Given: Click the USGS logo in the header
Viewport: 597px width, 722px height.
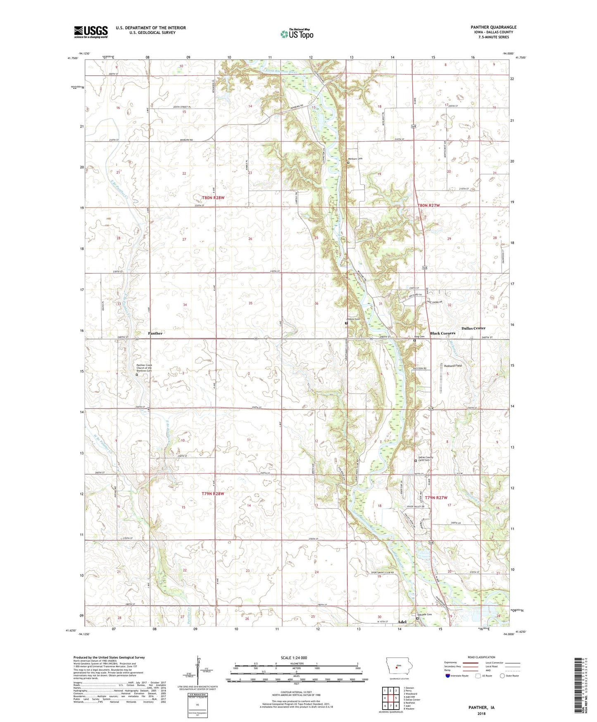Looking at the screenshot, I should [x=91, y=32].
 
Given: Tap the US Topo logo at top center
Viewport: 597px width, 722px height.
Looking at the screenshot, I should [x=297, y=34].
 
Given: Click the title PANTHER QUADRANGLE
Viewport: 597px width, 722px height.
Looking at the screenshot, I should [x=493, y=27].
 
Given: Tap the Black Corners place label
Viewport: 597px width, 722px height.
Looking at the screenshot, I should [x=442, y=333].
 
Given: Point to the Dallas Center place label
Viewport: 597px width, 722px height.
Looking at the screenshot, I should [x=473, y=328].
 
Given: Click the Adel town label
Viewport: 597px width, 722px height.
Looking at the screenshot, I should [x=401, y=622].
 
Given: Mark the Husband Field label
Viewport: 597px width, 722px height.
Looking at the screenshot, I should [x=452, y=366].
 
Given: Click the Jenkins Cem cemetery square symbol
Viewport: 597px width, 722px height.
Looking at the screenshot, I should [x=346, y=323].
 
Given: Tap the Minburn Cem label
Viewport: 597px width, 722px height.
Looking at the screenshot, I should [x=354, y=159].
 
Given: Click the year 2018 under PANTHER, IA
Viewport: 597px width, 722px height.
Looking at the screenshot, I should [x=481, y=713].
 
